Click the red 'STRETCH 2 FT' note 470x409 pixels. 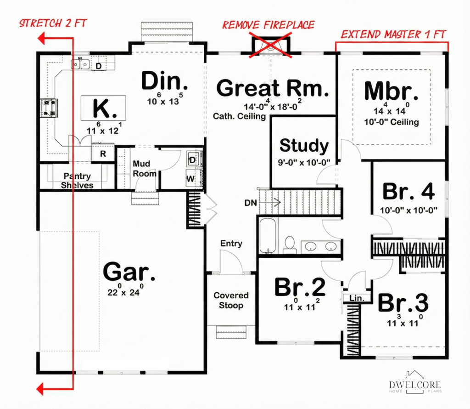coord(53,23)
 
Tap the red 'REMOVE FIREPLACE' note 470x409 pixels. coord(268,25)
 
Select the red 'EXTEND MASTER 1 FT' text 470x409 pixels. coord(393,34)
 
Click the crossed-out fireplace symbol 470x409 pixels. coord(271,45)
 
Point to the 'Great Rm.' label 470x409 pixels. coord(273,88)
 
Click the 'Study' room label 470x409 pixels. coord(304,146)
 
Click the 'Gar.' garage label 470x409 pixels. coord(129,271)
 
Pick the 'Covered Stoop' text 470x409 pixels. coord(231,300)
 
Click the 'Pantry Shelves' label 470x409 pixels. coord(77,180)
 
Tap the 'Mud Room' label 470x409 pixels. coord(145,168)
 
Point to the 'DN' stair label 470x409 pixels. coord(251,203)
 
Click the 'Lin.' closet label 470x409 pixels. coord(357,298)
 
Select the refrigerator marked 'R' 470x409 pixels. coord(103,153)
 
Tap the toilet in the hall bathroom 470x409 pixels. coord(290,244)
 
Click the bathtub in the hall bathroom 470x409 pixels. coord(268,236)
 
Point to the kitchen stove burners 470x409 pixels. coord(49,108)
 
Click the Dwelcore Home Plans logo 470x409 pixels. coord(415,382)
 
